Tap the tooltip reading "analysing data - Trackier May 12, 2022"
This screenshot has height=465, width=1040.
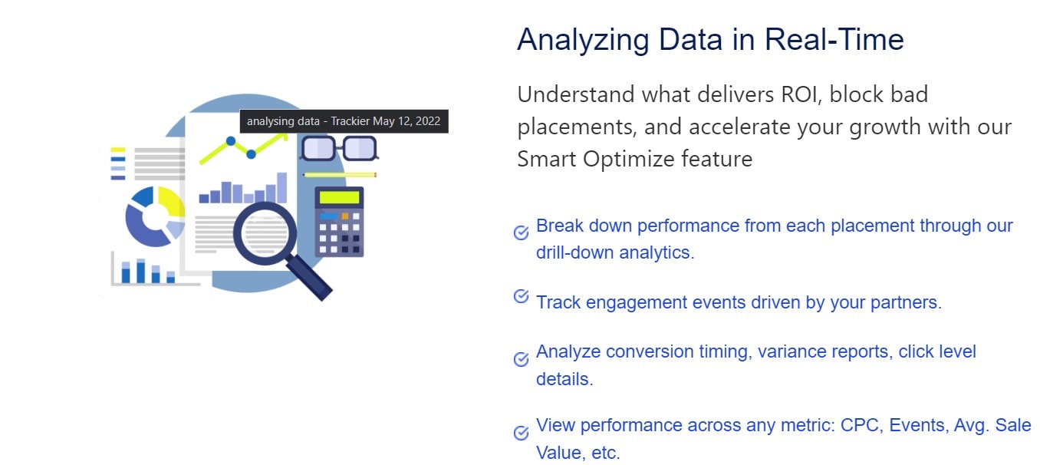tap(344, 121)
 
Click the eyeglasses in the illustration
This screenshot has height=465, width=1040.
tap(339, 148)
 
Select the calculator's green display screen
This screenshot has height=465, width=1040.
tap(340, 197)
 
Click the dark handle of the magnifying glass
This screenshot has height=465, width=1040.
tap(309, 277)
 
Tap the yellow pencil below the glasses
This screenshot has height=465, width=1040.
tap(340, 175)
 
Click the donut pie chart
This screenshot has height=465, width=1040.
tap(155, 216)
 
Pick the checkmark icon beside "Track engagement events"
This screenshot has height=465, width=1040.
tap(522, 296)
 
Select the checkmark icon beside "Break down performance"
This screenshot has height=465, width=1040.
tap(522, 232)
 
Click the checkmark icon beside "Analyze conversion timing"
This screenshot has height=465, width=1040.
tap(522, 358)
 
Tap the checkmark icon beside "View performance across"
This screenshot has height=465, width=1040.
tap(522, 433)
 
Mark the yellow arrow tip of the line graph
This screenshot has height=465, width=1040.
tap(285, 135)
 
